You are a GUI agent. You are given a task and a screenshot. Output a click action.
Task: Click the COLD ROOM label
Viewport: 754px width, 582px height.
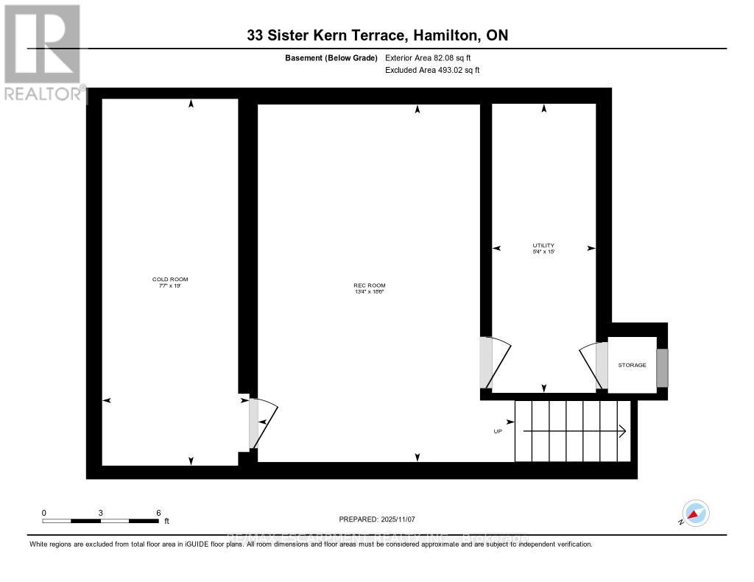170,280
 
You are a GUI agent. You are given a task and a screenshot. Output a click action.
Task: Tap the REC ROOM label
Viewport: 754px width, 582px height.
370,285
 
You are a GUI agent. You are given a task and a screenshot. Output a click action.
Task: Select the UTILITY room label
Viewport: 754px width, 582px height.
543,246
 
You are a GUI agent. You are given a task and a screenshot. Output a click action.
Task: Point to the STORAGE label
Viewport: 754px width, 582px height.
632,365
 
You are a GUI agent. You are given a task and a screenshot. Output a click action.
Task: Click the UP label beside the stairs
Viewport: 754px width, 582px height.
498,432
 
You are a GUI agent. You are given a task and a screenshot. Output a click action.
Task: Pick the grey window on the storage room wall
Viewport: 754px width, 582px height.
662,368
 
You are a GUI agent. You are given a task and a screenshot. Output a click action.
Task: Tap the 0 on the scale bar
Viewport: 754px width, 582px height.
44,512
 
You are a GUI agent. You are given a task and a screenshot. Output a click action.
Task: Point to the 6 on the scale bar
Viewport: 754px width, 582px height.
158,512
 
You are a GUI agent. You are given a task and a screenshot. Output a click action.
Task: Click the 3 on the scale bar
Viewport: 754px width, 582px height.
101,512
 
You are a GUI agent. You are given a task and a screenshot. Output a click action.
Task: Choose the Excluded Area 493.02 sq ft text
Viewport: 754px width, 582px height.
432,71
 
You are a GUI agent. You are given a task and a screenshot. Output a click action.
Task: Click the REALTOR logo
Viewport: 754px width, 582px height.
42,52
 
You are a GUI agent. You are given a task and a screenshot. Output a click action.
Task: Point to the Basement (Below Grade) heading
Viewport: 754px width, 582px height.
331,57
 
